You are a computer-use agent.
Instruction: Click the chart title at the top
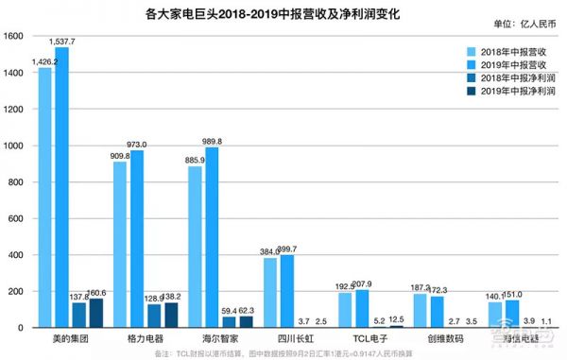click(x=283, y=13)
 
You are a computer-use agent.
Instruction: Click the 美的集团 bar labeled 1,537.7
click(x=62, y=189)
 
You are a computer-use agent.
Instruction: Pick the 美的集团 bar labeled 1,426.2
click(x=45, y=198)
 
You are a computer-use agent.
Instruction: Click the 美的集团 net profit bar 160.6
click(x=96, y=313)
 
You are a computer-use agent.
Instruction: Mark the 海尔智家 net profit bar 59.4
click(x=229, y=322)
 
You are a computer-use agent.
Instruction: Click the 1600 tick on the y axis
click(x=13, y=37)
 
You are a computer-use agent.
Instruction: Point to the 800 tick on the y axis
click(x=16, y=182)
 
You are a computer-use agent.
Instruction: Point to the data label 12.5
click(x=397, y=319)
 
